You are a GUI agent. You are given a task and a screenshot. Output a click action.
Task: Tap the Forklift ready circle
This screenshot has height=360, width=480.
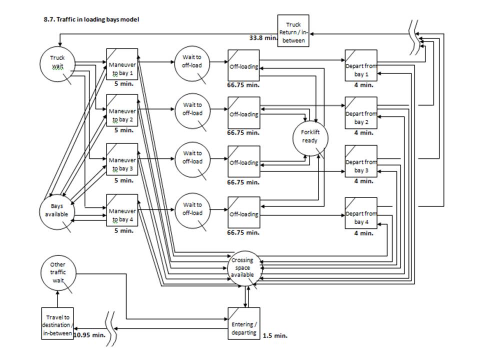(x=309, y=136)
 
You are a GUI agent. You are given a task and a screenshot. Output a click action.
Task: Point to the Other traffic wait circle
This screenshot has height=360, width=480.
(x=57, y=272)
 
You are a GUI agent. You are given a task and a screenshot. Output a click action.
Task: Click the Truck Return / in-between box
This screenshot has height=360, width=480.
(x=293, y=31)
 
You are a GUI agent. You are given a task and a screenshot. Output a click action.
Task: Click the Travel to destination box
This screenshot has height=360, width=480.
(x=57, y=323)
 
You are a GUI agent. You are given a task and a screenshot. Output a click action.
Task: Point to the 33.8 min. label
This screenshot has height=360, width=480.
(x=263, y=37)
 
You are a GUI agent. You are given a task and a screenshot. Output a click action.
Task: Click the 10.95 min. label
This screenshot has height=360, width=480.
(x=89, y=335)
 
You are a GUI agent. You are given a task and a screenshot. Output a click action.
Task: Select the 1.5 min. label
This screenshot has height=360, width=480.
(x=275, y=335)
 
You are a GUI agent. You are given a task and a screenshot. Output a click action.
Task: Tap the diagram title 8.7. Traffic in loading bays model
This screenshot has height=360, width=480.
(x=91, y=19)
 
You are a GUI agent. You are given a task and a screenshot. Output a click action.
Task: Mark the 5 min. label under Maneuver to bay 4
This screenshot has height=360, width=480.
(x=123, y=231)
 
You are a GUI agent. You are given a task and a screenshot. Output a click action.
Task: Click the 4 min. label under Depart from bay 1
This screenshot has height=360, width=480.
(x=363, y=84)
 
